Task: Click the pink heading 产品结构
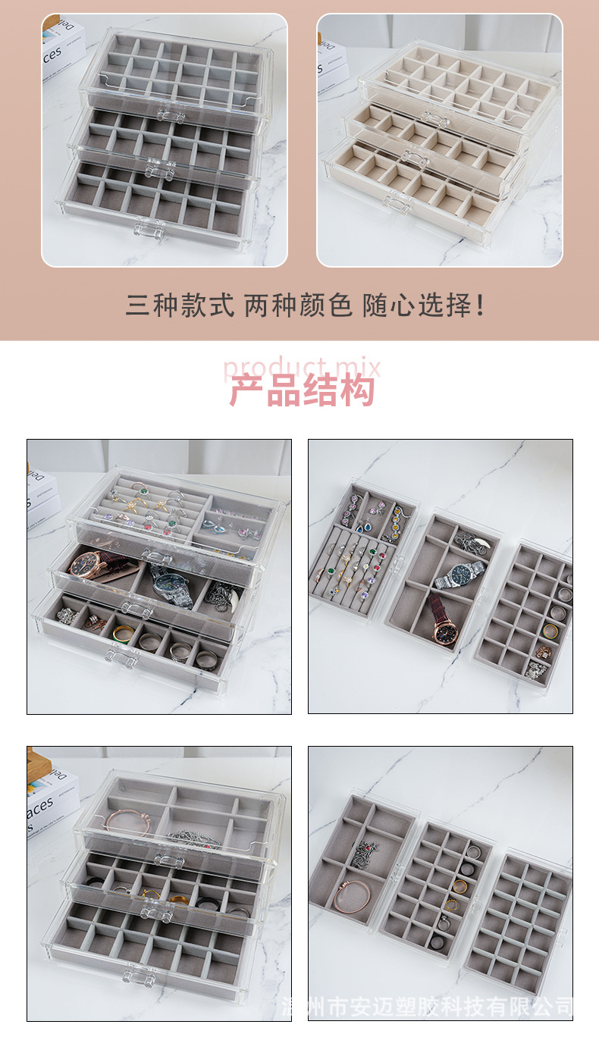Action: click(302, 392)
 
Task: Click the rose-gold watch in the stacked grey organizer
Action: click(88, 564)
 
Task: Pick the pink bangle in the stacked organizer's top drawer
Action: click(125, 822)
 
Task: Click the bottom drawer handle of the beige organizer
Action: click(397, 202)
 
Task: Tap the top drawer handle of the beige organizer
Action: click(434, 118)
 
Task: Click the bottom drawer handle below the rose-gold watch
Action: click(121, 656)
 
